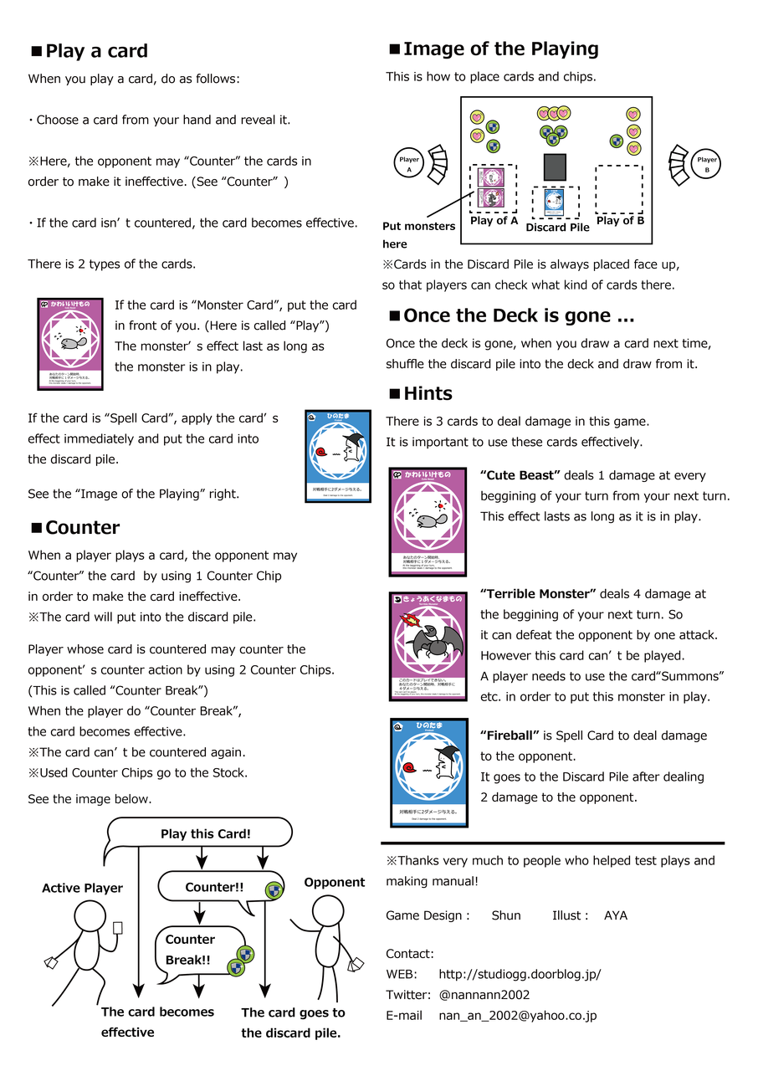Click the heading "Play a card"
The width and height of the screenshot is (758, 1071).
coord(96,51)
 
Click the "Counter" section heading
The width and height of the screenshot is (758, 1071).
coord(82,528)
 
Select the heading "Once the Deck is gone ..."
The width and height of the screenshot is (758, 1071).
coord(519,316)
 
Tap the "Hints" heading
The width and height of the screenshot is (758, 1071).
coord(428,394)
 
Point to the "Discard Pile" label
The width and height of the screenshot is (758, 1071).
coord(557,228)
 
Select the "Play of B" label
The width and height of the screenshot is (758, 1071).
coord(620,222)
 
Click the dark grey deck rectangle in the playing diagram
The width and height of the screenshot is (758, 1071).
coord(555,167)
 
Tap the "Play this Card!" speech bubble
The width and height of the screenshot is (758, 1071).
coord(205,834)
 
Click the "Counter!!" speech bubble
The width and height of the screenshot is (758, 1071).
coord(214,887)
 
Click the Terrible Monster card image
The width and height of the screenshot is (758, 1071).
coord(428,646)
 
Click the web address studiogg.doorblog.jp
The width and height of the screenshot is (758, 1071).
coord(520,975)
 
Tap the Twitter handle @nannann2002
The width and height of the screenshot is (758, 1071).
coord(484,995)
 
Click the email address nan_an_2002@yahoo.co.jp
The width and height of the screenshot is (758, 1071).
coord(517,1016)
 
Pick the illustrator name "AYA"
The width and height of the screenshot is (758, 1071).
coord(616,915)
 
